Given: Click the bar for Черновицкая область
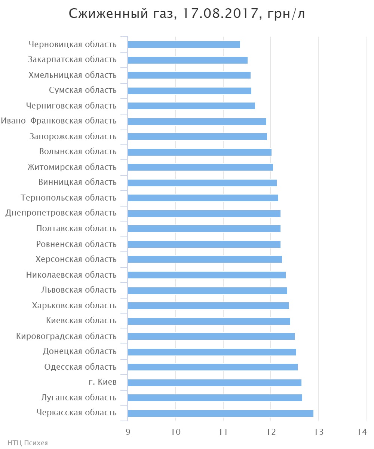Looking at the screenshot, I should [x=184, y=45].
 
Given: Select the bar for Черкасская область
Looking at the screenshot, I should [x=220, y=413].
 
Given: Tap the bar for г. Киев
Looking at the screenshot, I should [x=214, y=382].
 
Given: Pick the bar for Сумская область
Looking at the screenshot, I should [x=189, y=91].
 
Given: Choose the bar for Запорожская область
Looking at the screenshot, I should [x=197, y=137].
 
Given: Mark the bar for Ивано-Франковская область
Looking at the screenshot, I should [x=197, y=121].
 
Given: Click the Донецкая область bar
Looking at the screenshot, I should [x=212, y=352].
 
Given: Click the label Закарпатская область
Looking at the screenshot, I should [x=72, y=59].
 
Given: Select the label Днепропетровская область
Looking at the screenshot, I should [x=61, y=213].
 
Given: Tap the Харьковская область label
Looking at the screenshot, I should [x=74, y=306].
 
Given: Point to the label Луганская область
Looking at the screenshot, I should [x=79, y=397].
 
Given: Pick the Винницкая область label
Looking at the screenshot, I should [x=77, y=182].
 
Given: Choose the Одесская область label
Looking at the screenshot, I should [x=80, y=367].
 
